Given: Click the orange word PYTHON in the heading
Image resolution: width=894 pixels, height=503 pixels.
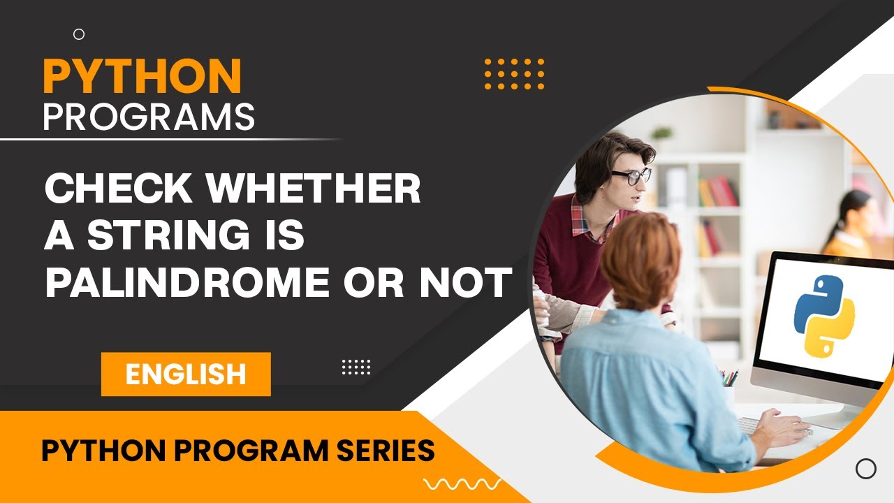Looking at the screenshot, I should click(x=142, y=76).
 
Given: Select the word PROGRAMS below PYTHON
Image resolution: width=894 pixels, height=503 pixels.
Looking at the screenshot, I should click(x=149, y=117).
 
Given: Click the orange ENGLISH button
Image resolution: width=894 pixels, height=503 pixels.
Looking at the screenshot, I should click(x=186, y=374).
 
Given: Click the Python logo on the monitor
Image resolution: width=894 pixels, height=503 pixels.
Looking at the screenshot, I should click(x=824, y=315).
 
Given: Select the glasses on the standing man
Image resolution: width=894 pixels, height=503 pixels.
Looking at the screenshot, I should click(x=631, y=176).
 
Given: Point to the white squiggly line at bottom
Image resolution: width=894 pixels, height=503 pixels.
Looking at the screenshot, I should click(x=462, y=483).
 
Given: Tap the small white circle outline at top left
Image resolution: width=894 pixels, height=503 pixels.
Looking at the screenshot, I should click(x=79, y=34).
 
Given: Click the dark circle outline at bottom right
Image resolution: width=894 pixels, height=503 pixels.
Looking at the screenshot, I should click(x=865, y=469).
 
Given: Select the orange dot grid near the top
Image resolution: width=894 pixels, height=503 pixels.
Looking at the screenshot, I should click(x=514, y=74).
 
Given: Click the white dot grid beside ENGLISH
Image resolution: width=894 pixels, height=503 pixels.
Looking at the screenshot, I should click(x=356, y=367).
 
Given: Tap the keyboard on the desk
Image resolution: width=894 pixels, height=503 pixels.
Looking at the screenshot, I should click(x=751, y=425).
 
